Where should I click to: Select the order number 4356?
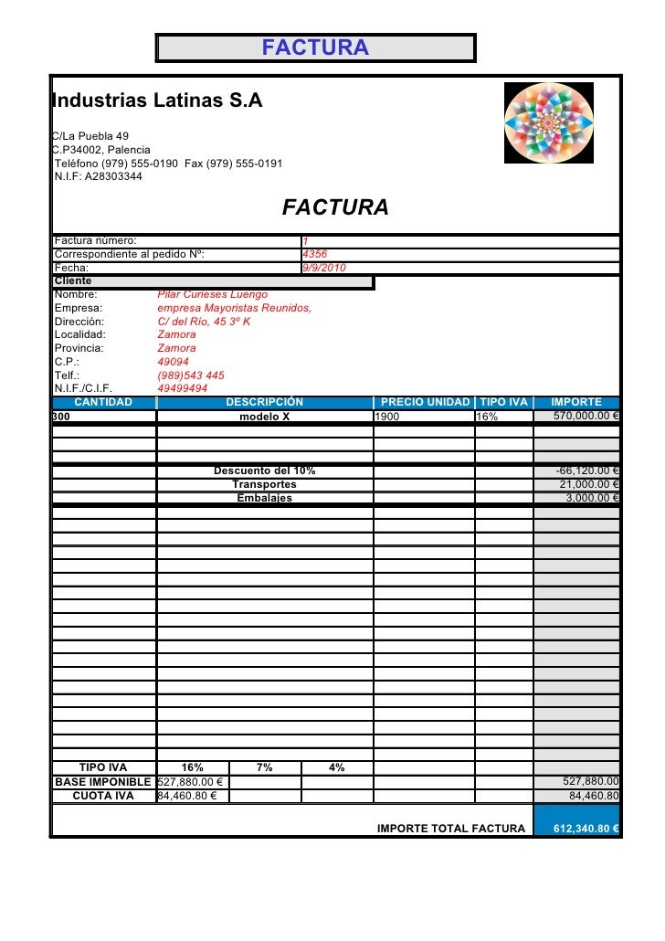coord(314,254)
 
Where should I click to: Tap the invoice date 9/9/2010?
coord(323,268)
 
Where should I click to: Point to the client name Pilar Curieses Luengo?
coord(212,294)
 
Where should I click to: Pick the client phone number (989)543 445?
coord(191,375)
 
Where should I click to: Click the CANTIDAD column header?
coord(103,402)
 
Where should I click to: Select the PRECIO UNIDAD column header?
coord(425,402)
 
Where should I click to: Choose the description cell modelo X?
coord(264,417)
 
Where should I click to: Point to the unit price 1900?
coord(387,417)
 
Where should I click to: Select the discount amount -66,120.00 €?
coord(588,470)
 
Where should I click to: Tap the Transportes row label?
coord(264,484)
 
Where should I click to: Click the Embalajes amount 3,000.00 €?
coord(592,498)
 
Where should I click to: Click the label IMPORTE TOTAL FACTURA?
coord(451,829)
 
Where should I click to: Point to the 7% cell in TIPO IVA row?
coord(264,767)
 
